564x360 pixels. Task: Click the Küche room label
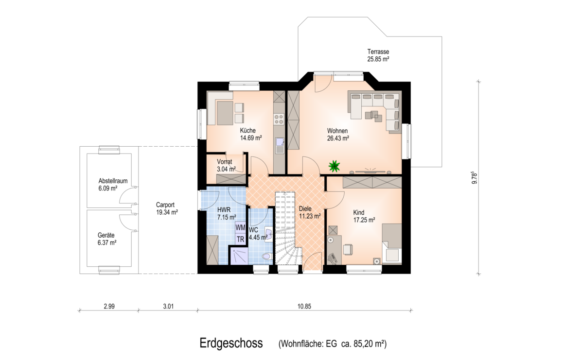tap(248, 130)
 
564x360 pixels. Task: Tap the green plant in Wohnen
tap(334, 166)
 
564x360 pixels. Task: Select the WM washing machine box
tap(240, 228)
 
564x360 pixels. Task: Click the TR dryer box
tap(240, 240)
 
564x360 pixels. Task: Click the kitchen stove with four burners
tap(279, 119)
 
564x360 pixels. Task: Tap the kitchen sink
tap(280, 145)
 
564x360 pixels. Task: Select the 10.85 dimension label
tap(304, 307)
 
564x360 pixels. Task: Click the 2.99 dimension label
tap(109, 307)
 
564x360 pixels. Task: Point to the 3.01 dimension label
tap(168, 307)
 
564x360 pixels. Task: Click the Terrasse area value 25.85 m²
tap(378, 59)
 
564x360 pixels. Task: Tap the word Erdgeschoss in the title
tap(231, 343)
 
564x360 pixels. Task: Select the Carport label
tap(165, 205)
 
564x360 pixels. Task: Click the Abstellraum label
tap(113, 181)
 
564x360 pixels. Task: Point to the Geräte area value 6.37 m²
tap(107, 243)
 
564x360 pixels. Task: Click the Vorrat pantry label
tap(225, 162)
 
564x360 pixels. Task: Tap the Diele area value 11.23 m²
tap(310, 216)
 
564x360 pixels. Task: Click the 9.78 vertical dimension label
tap(475, 178)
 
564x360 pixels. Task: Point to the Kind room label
tap(359, 212)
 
